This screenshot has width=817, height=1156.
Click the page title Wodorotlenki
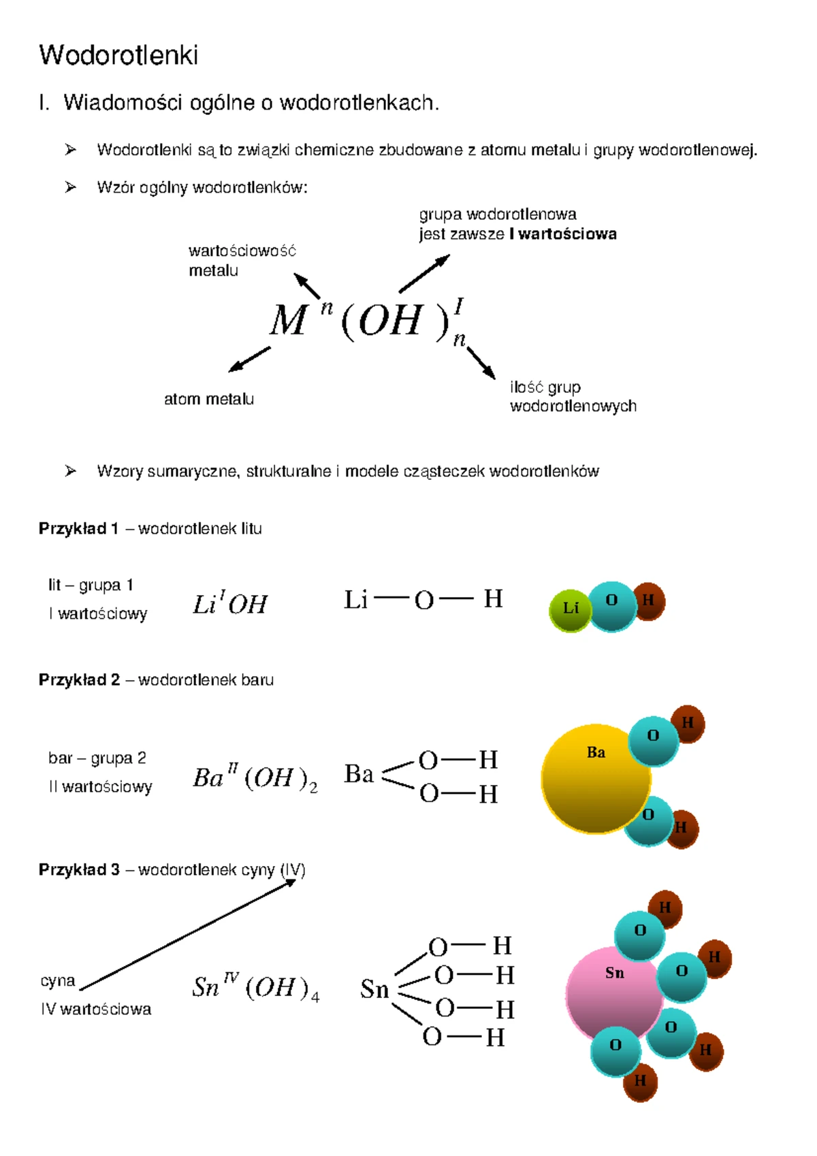118,54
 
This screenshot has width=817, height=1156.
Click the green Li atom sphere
569,611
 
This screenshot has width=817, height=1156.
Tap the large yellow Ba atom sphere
596,778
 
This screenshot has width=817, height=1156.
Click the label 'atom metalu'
209,399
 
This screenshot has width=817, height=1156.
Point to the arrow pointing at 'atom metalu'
249,359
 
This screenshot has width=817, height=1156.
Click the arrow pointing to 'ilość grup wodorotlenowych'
481,363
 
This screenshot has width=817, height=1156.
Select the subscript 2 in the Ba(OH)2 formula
313,788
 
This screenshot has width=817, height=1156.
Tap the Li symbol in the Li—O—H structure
355,600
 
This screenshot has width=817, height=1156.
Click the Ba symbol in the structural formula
359,773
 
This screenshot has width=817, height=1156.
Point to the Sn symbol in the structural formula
374,989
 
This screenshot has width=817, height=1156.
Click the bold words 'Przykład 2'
80,679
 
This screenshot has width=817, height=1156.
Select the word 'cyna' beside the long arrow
58,980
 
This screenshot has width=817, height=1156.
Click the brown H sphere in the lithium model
649,600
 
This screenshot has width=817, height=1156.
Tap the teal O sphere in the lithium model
611,607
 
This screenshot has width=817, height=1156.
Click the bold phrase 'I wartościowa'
562,234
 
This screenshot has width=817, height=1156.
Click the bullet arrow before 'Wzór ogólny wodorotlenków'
71,187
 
